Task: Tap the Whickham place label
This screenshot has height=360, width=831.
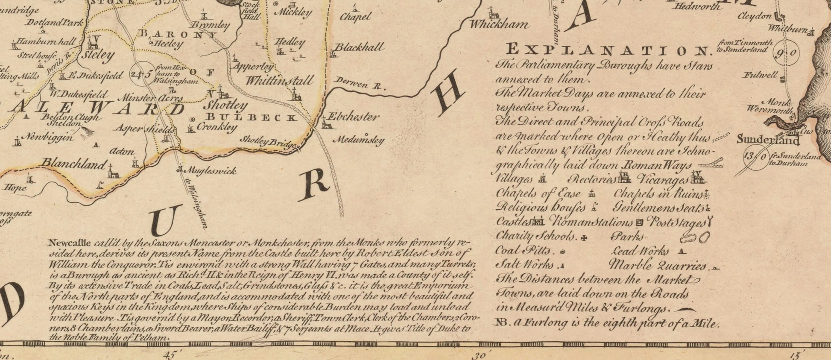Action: point(499,25)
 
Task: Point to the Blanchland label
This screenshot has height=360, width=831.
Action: point(73,164)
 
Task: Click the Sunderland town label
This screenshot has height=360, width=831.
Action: point(768,140)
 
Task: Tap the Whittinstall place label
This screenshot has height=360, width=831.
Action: point(279,80)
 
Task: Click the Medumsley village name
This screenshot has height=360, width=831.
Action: point(358,140)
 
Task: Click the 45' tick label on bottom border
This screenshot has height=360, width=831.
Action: point(169,354)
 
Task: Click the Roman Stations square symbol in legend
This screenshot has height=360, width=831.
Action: point(639,222)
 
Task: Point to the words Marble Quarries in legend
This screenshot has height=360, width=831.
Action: point(658,265)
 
